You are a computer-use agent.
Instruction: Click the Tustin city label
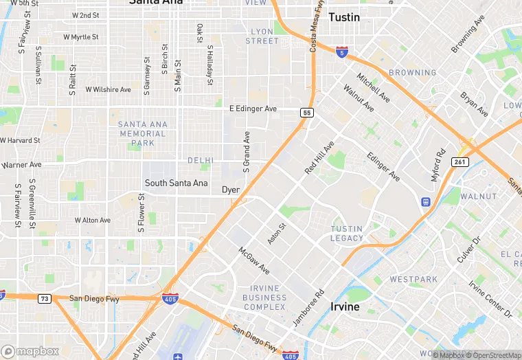(344, 17)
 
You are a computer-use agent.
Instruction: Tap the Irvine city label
(345, 306)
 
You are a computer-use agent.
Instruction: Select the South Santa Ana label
(176, 183)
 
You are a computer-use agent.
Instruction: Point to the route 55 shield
(307, 112)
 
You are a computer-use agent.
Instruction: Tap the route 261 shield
(459, 161)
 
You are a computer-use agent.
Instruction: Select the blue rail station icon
(426, 202)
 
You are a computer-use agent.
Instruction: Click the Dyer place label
(231, 190)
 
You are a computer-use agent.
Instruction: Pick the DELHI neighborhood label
(201, 160)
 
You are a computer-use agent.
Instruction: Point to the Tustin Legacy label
(347, 234)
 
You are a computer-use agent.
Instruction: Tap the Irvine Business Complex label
(264, 297)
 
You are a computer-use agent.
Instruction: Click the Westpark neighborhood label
(413, 280)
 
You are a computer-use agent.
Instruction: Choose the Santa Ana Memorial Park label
(142, 133)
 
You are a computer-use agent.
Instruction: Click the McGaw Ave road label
(254, 260)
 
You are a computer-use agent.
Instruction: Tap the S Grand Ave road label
(246, 152)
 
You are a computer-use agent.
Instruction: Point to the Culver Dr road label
(469, 250)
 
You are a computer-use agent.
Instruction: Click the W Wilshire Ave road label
(108, 90)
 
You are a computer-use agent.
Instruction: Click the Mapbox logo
(30, 351)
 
